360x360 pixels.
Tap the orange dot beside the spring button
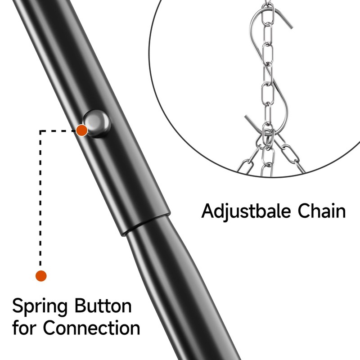81,130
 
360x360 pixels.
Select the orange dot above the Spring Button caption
41,275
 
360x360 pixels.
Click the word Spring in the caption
40,307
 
